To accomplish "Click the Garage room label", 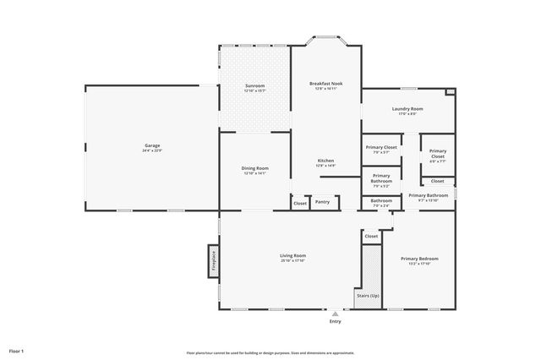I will [152, 145].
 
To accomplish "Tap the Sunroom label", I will [254, 85].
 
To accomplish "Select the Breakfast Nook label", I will [325, 84].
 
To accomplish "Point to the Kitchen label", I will [325, 161].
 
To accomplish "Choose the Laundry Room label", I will [407, 108].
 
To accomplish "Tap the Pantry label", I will [322, 202].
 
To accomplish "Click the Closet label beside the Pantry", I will [300, 203].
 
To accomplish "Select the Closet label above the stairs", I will [371, 237].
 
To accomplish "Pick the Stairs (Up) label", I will [367, 296].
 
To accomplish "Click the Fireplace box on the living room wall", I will [214, 259].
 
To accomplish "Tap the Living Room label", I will [292, 255].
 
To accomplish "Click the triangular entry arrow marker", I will [336, 313].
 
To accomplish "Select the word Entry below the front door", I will [336, 322].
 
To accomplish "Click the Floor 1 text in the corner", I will [17, 350].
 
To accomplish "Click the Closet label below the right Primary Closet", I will [437, 181].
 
